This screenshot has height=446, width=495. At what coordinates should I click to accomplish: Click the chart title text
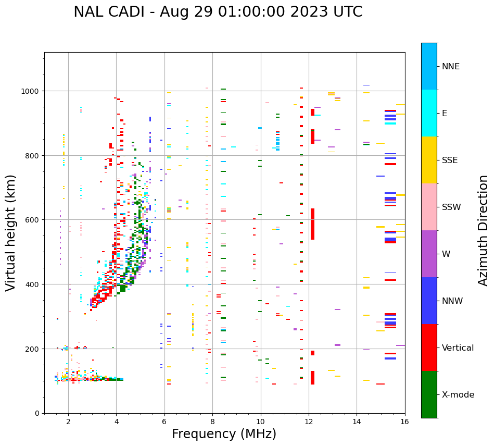(x=218, y=12)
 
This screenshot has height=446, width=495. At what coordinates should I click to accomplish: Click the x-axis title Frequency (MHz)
(x=224, y=434)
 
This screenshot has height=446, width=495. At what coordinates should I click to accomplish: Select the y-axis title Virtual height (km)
(x=11, y=232)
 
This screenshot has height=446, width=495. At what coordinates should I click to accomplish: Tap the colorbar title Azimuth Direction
(x=484, y=230)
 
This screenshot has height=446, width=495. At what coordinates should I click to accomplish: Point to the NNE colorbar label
(x=458, y=66)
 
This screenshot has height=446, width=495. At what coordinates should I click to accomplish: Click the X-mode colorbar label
(x=458, y=395)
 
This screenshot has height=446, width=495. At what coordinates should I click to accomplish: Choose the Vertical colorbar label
(x=458, y=348)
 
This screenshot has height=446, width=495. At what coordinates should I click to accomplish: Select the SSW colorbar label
(x=458, y=207)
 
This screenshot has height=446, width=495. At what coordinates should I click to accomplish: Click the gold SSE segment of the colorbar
(x=429, y=160)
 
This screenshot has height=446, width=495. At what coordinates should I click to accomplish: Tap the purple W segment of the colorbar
(x=429, y=254)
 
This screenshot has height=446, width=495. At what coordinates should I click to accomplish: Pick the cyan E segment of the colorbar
(x=429, y=113)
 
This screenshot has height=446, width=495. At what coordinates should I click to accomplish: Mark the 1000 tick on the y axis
(x=31, y=91)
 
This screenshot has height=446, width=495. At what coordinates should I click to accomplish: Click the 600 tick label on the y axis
(x=33, y=220)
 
